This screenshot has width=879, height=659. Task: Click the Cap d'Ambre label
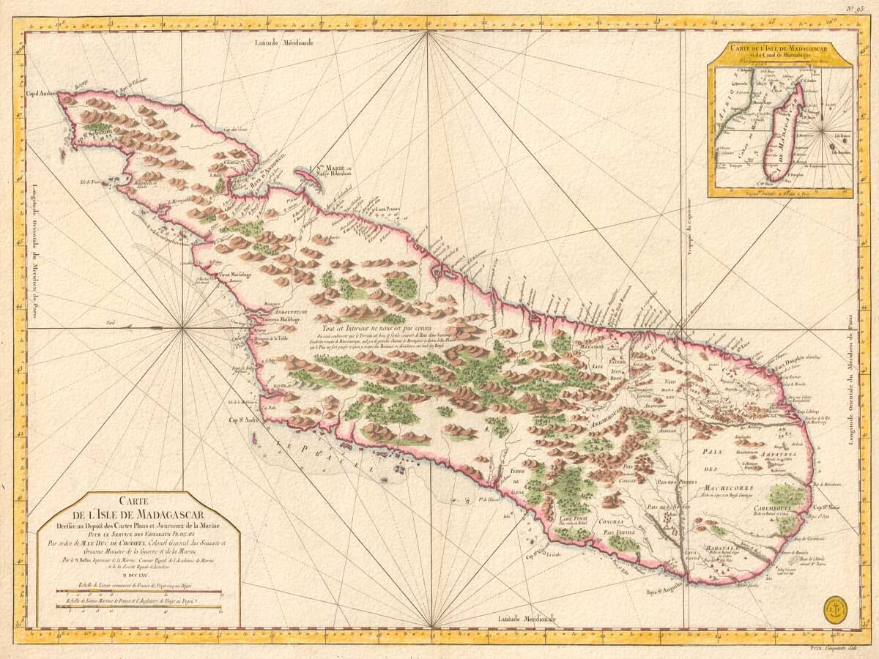point(41,93)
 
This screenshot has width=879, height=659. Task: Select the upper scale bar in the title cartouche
point(138,592)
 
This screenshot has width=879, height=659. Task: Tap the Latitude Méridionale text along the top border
point(284,43)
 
